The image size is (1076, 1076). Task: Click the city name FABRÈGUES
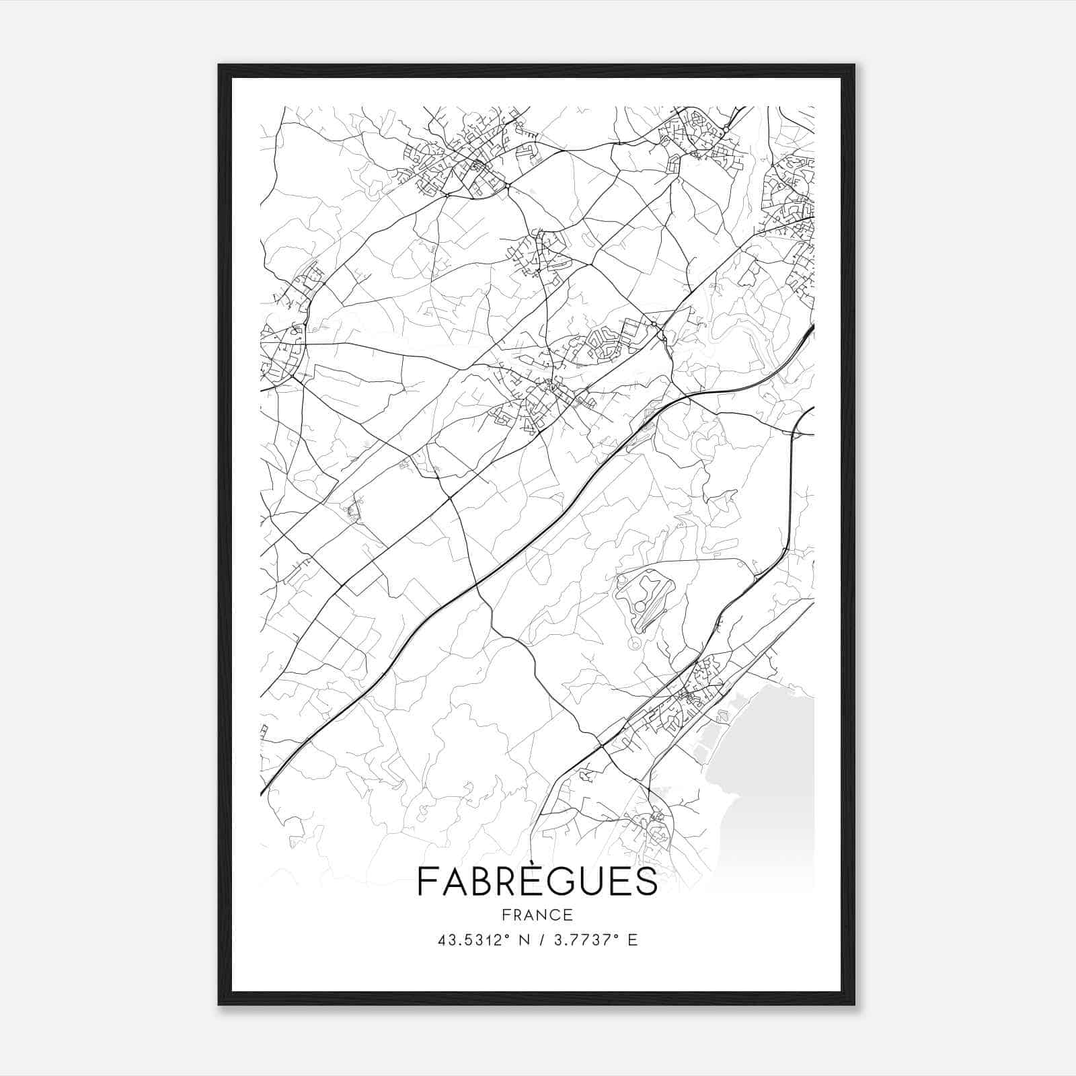537,881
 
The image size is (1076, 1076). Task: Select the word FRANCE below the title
537,915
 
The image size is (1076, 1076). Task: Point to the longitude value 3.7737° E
594,940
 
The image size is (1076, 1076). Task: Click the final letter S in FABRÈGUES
648,881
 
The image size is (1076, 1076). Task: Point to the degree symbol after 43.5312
515,936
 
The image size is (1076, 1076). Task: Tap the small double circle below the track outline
633,644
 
